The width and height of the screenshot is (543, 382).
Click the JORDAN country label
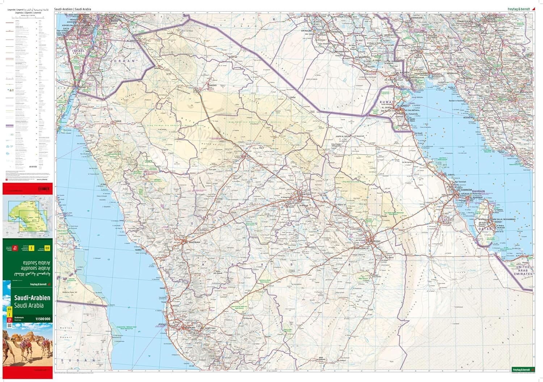tap(124, 61)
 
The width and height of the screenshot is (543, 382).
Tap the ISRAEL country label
tap(78, 51)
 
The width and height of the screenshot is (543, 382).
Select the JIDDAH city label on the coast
tap(171, 324)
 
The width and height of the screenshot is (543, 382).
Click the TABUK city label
tap(118, 121)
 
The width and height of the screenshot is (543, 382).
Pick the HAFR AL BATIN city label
tap(344, 136)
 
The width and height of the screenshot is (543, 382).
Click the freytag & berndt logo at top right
tap(519, 9)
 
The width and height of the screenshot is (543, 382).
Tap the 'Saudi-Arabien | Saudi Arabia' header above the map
tap(73, 9)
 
